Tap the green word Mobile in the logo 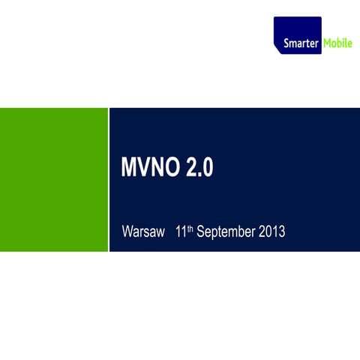coord(337,44)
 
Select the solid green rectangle coord(54,179)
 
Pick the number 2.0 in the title coord(199,169)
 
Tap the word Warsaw coord(142,232)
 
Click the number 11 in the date coord(180,232)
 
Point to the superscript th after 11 coord(190,228)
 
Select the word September coord(225,232)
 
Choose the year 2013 coord(271,232)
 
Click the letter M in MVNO coord(128,169)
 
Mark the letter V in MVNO coord(142,169)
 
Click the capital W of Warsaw coord(127,232)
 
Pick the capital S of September coord(199,232)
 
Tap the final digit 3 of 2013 coord(282,232)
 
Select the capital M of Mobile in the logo coord(328,44)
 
